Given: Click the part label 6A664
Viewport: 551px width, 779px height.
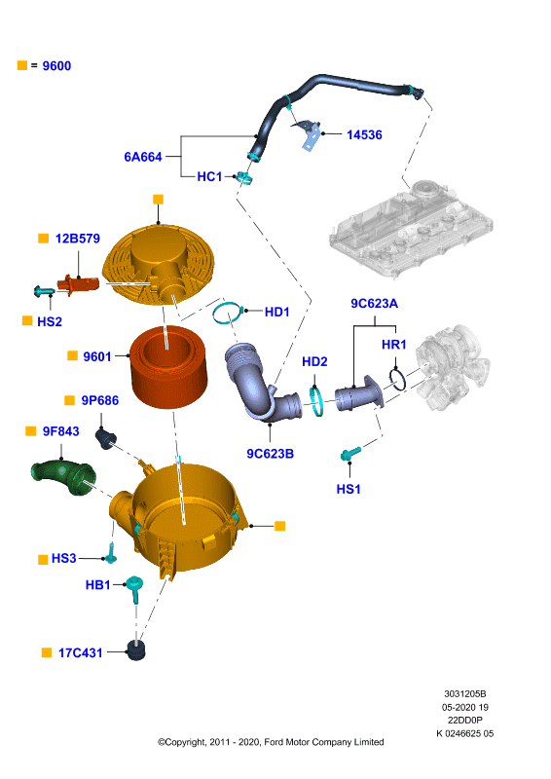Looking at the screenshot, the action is pyautogui.click(x=143, y=157).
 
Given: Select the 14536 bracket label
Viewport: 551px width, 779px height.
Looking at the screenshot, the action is pyautogui.click(x=364, y=134).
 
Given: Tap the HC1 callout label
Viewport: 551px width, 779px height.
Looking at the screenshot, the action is pyautogui.click(x=209, y=176).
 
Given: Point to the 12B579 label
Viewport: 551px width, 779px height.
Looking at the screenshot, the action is pyautogui.click(x=78, y=239).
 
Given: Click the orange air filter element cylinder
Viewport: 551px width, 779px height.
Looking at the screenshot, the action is pyautogui.click(x=168, y=366).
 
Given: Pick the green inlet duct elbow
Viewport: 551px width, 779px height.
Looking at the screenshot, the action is pyautogui.click(x=63, y=477).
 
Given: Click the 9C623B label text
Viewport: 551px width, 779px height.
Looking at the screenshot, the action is pyautogui.click(x=270, y=454).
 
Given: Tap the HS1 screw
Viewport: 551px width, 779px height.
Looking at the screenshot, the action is pyautogui.click(x=350, y=453).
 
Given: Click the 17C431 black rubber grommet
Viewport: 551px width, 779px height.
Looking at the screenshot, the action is pyautogui.click(x=135, y=650).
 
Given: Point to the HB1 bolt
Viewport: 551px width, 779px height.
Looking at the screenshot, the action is pyautogui.click(x=134, y=588).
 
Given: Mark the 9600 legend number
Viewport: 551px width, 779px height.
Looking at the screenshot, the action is pyautogui.click(x=56, y=66).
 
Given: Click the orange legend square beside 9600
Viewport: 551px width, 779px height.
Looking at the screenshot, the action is pyautogui.click(x=21, y=65).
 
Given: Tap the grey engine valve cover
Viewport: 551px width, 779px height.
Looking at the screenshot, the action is pyautogui.click(x=411, y=228).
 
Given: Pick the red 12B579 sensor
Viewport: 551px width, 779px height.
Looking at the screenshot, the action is pyautogui.click(x=78, y=285).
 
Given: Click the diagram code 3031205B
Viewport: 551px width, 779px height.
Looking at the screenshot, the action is pyautogui.click(x=465, y=693).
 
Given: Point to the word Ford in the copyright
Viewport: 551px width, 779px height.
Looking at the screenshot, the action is pyautogui.click(x=273, y=742).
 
